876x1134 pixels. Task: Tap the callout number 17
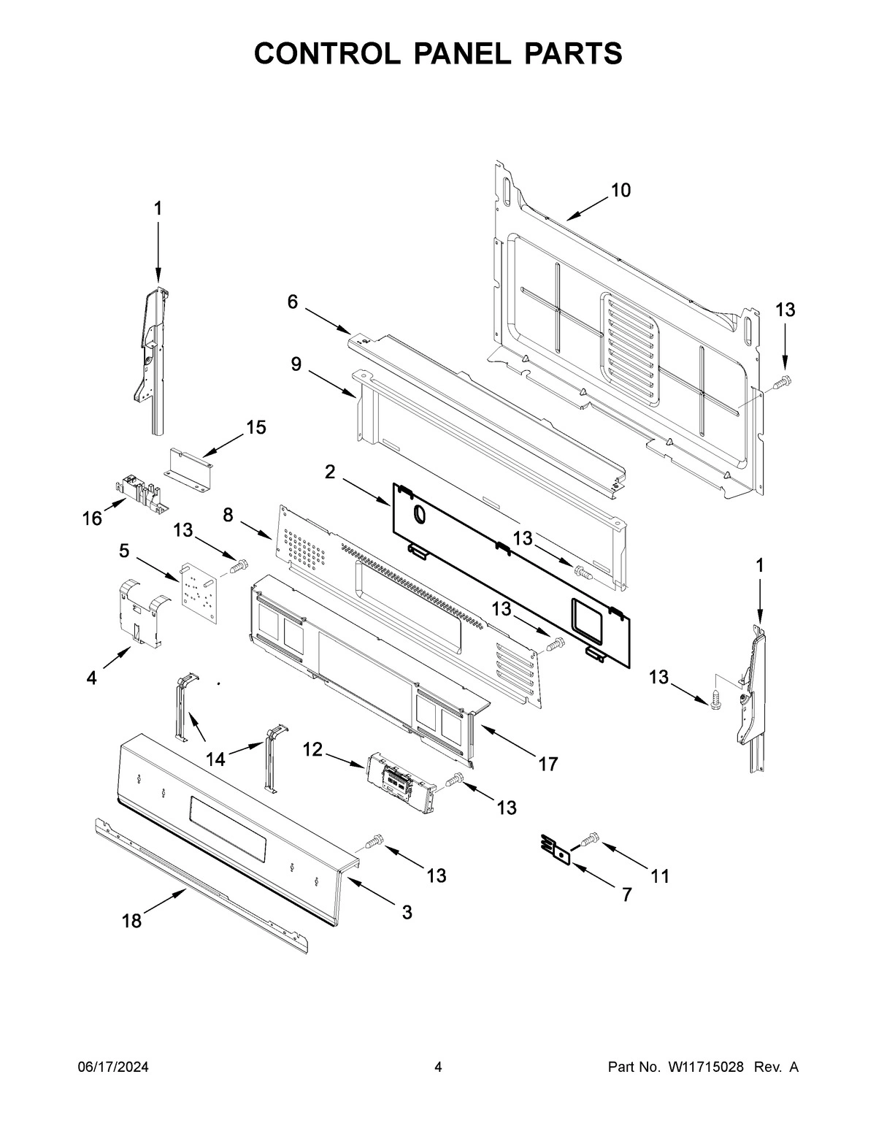[x=547, y=764]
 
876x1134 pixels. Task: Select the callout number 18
[x=131, y=921]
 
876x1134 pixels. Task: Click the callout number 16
[x=92, y=518]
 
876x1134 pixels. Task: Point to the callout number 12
[x=312, y=749]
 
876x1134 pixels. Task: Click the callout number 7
[x=626, y=894]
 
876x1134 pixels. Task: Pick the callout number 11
[x=659, y=876]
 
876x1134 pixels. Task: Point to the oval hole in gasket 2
[x=420, y=514]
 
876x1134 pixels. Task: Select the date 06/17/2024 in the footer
[x=113, y=1068]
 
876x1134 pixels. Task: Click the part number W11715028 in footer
[x=705, y=1068]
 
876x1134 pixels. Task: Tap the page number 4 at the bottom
[x=438, y=1068]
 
